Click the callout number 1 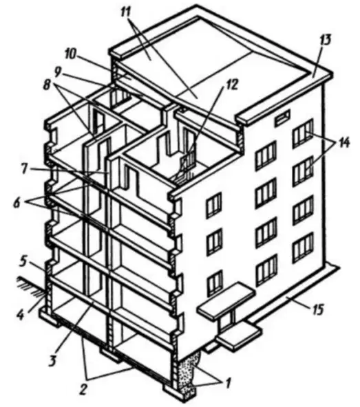pyautogui.click(x=228, y=383)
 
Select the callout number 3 pyautogui.click(x=52, y=360)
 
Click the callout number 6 pyautogui.click(x=17, y=203)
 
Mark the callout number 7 pyautogui.click(x=24, y=168)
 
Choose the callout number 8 pyautogui.click(x=47, y=85)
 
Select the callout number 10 pyautogui.click(x=70, y=56)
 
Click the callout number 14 pyautogui.click(x=342, y=142)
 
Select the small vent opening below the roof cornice pyautogui.click(x=282, y=116)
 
